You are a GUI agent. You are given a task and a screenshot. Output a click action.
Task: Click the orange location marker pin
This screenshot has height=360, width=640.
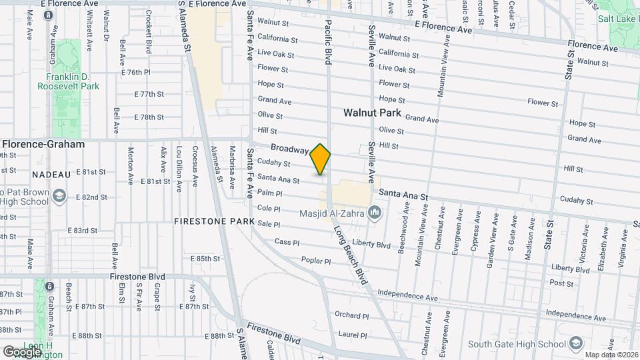[x=321, y=159]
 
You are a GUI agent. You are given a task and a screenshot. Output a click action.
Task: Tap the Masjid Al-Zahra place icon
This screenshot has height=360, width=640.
[x=374, y=213]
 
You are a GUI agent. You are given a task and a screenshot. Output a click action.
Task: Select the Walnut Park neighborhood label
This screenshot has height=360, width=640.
[x=371, y=113]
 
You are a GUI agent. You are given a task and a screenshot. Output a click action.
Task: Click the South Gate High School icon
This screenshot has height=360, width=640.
[x=574, y=344]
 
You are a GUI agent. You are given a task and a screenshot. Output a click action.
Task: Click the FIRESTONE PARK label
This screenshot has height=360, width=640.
[x=215, y=221]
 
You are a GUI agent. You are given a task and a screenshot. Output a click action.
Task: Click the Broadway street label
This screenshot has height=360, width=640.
[x=289, y=149]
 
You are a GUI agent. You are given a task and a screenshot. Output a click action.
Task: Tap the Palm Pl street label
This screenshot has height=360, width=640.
[x=270, y=193]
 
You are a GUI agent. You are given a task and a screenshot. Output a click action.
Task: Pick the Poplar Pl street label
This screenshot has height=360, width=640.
[x=316, y=261]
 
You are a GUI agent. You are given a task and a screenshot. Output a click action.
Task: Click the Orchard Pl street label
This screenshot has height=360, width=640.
[x=351, y=315]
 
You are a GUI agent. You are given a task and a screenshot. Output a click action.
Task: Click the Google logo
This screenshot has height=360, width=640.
[x=23, y=351]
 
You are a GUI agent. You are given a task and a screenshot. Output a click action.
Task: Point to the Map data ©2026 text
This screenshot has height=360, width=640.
[x=609, y=355]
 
